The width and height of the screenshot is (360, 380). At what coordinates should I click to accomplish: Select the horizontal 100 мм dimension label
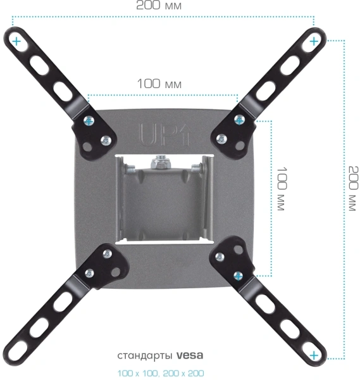(x=159, y=84)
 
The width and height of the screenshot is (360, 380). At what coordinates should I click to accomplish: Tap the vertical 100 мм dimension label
(x=281, y=189)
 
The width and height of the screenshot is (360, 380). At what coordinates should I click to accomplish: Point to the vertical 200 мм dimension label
(x=352, y=189)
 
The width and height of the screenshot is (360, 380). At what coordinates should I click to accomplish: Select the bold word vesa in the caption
(x=190, y=355)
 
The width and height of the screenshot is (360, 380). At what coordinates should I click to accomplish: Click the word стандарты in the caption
(x=145, y=355)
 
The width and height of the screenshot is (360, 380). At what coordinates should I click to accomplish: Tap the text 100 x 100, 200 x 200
(x=161, y=374)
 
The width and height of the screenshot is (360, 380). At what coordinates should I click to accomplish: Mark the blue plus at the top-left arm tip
(x=15, y=41)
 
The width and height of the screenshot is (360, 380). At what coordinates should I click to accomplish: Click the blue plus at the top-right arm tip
(x=314, y=41)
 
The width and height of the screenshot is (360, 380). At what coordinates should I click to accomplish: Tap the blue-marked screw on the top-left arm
(x=90, y=120)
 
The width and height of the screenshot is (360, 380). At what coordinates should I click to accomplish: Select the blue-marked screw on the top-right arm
(x=239, y=120)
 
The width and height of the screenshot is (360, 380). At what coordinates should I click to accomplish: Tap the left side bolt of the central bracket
(x=130, y=169)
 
